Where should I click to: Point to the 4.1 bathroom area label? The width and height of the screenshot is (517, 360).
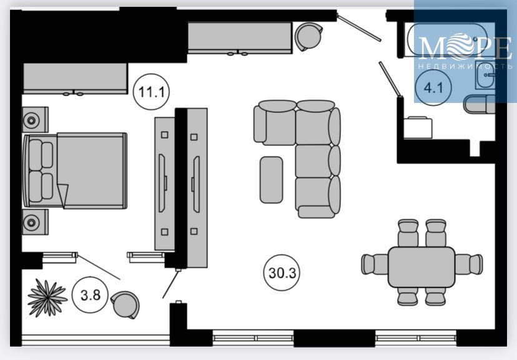(x=433, y=87)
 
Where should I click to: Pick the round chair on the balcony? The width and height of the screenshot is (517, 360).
(x=125, y=304)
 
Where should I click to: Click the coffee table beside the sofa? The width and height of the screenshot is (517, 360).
(x=271, y=179)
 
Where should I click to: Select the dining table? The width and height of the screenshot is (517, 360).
(x=421, y=266)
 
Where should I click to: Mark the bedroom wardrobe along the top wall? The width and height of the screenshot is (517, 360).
(x=74, y=79)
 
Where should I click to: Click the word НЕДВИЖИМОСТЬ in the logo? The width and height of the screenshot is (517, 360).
(x=465, y=66)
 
